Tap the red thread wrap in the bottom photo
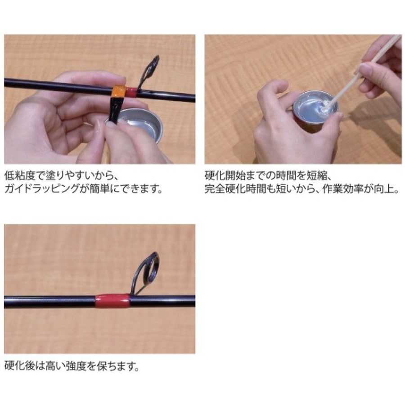click(x=112, y=301)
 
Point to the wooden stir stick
click(x=364, y=72)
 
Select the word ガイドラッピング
click(x=42, y=189)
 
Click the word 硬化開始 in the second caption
click(x=225, y=175)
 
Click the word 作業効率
click(x=343, y=189)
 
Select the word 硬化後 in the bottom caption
click(x=20, y=366)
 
